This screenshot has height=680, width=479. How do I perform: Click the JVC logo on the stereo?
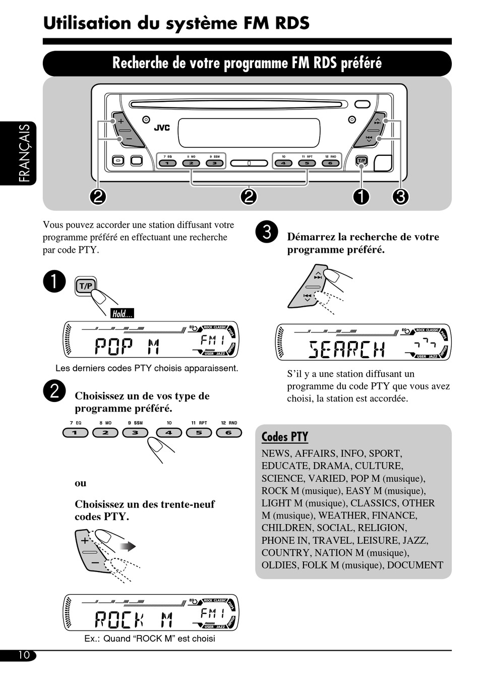[x=162, y=128]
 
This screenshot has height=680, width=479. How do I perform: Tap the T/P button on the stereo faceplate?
[x=362, y=161]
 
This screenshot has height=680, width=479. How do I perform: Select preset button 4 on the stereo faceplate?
[x=284, y=163]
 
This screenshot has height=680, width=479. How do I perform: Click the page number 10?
[x=24, y=655]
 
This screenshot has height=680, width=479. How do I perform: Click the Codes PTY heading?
[x=284, y=436]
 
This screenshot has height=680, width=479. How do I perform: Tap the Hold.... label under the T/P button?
[x=122, y=314]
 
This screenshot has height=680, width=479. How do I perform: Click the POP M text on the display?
[x=127, y=347]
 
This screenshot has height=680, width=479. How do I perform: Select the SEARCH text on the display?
[x=347, y=349]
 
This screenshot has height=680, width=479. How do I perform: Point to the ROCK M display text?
[x=134, y=619]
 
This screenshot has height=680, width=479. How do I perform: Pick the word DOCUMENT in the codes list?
[x=415, y=565]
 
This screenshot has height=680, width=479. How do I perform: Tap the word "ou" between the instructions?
[x=81, y=483]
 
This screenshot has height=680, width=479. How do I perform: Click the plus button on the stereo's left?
[x=121, y=122]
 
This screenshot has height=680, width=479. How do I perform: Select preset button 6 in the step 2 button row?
[x=229, y=432]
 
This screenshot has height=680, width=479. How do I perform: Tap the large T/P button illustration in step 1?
[x=86, y=286]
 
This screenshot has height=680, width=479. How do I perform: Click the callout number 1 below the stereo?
[x=361, y=196]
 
